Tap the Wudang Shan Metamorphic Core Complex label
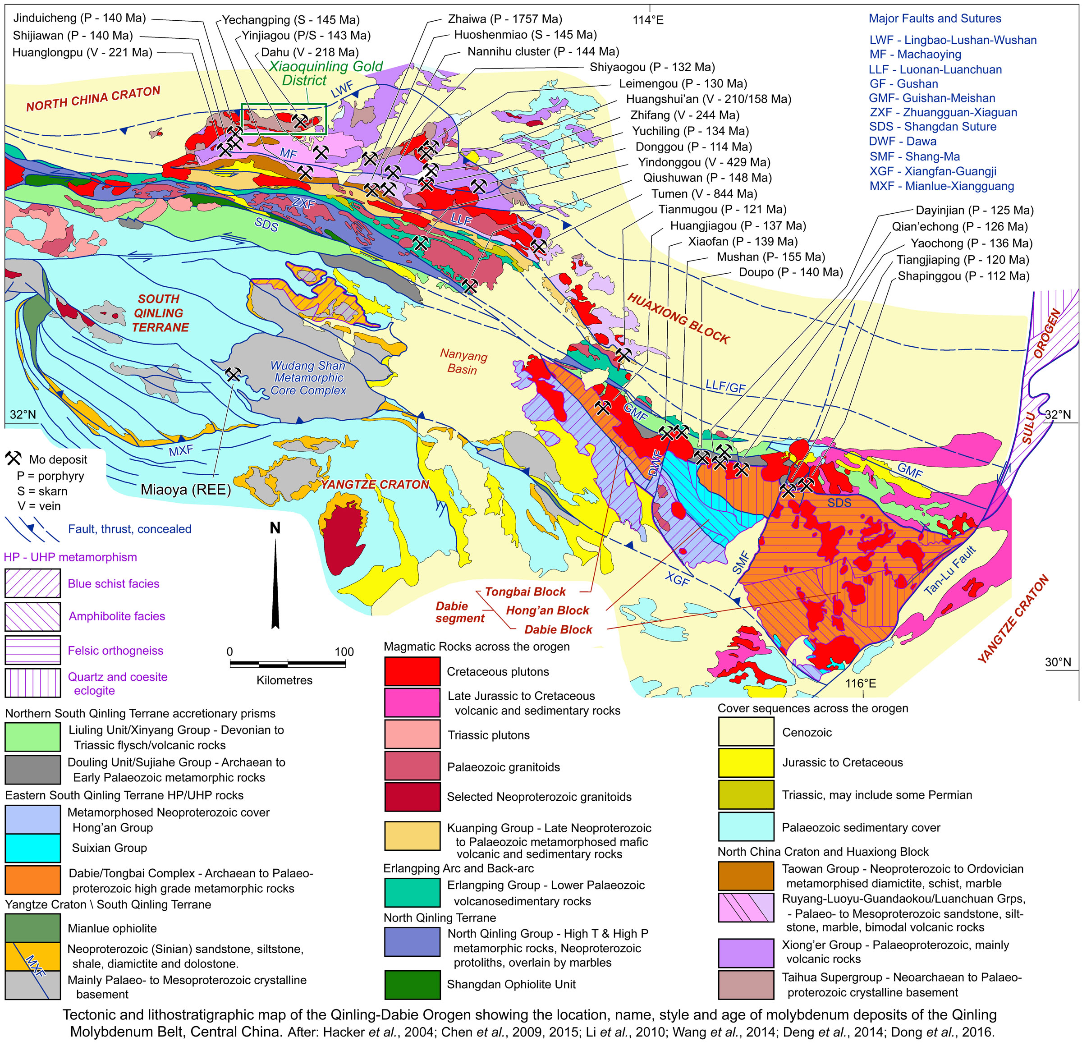pos(308,378)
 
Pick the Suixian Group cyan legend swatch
pos(32,847)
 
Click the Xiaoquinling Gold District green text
pos(325,73)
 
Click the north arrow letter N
pos(275,528)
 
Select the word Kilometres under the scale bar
pos(284,680)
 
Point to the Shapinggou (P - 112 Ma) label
pos(963,276)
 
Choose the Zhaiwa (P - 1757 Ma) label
pos(504,19)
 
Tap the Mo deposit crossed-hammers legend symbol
pos(13,458)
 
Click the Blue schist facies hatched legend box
pos(32,583)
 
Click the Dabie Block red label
pos(558,629)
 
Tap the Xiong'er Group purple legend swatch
pos(746,952)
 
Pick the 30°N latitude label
pos(1057,662)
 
